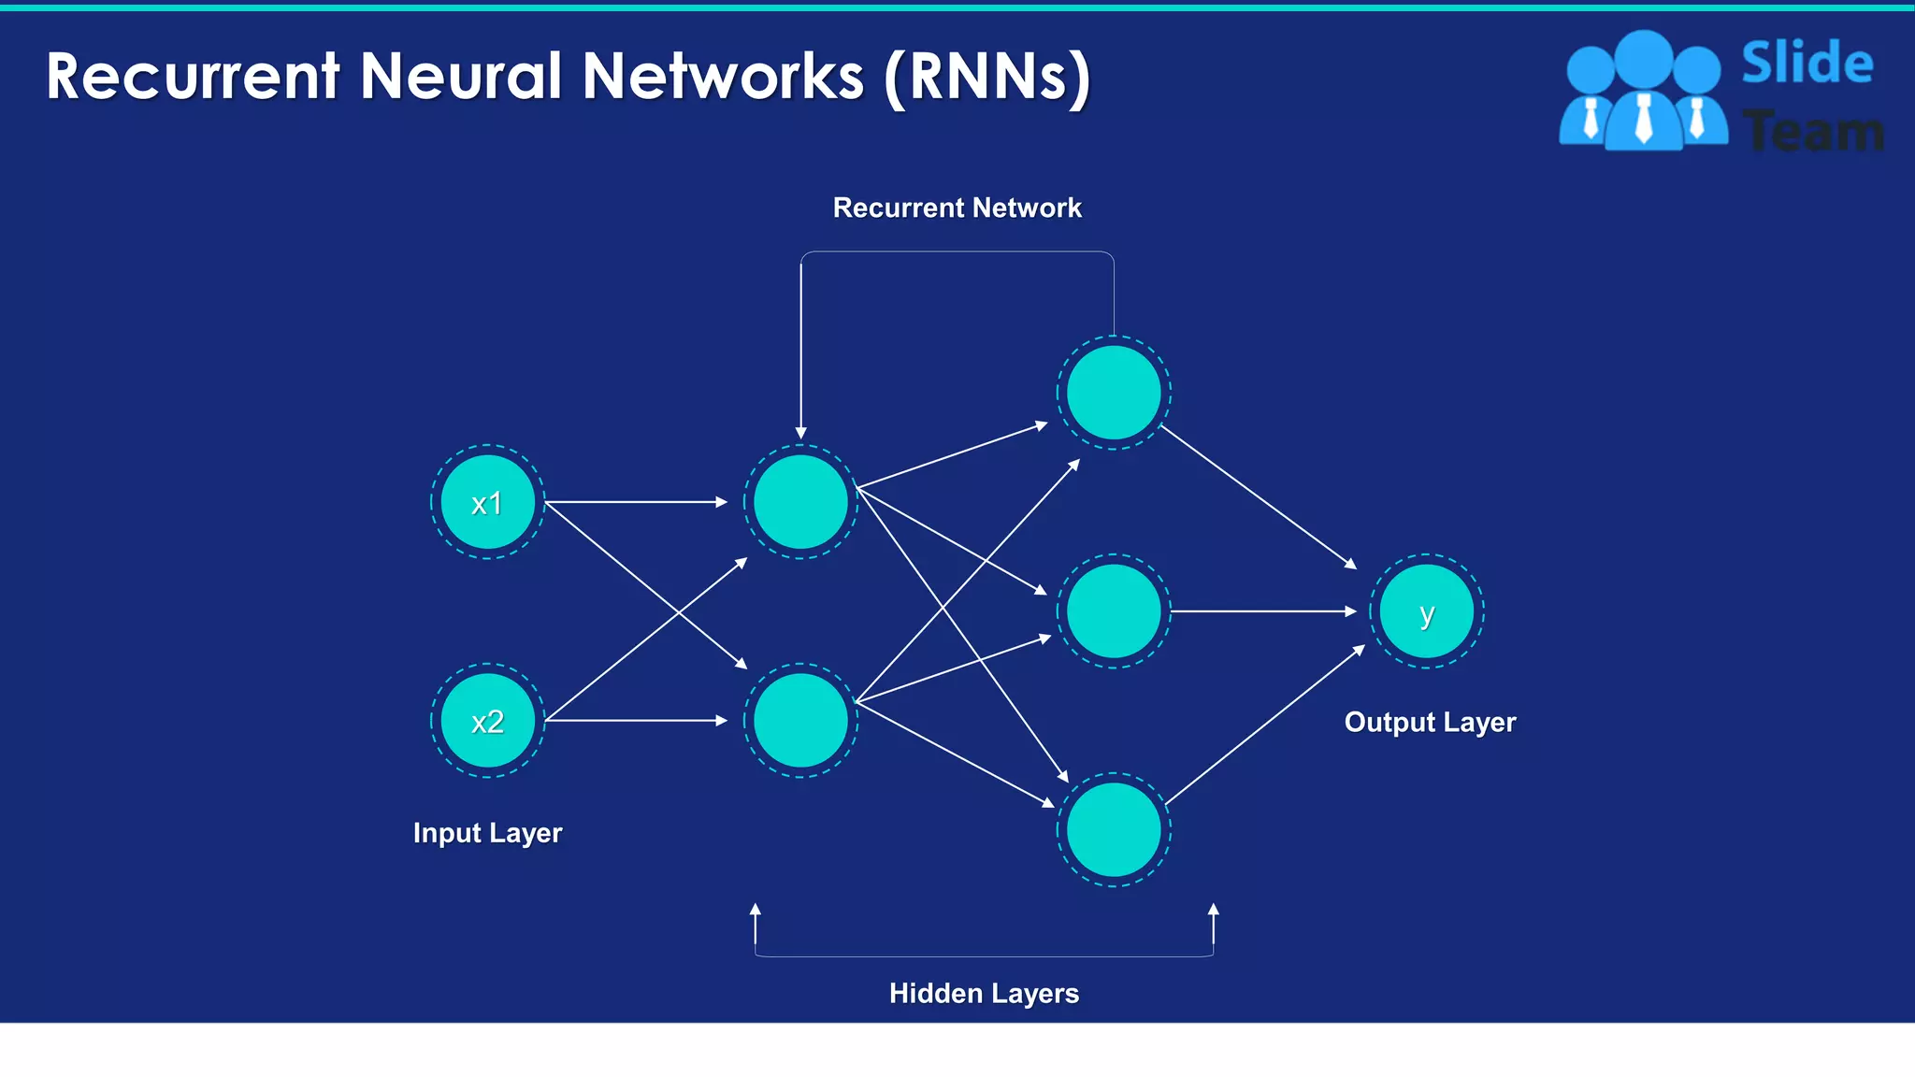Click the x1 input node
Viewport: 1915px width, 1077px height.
(x=487, y=502)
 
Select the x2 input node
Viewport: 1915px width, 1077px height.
(x=487, y=721)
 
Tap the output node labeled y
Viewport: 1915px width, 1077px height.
(x=1426, y=611)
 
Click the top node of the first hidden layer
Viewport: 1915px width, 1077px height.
(x=800, y=502)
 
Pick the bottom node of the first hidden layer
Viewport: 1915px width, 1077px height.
(x=800, y=721)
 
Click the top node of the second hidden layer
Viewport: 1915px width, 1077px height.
(x=1114, y=393)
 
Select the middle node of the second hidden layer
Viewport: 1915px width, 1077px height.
(x=1114, y=611)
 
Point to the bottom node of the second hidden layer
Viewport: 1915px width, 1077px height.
(x=1114, y=830)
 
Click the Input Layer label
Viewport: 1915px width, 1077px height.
(x=487, y=833)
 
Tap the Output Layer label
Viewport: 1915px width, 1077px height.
(x=1430, y=723)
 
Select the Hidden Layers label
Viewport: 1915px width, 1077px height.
(x=984, y=993)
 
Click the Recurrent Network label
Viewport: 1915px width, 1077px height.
(x=957, y=208)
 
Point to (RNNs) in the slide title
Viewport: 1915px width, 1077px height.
(x=987, y=77)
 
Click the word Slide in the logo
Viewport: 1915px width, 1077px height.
(x=1807, y=64)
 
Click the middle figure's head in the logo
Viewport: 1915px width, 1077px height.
(x=1643, y=58)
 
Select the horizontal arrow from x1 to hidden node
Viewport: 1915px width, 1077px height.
(x=636, y=502)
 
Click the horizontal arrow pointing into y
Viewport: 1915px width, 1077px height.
(x=1262, y=611)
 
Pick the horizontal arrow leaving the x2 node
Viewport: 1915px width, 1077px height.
(x=636, y=721)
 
